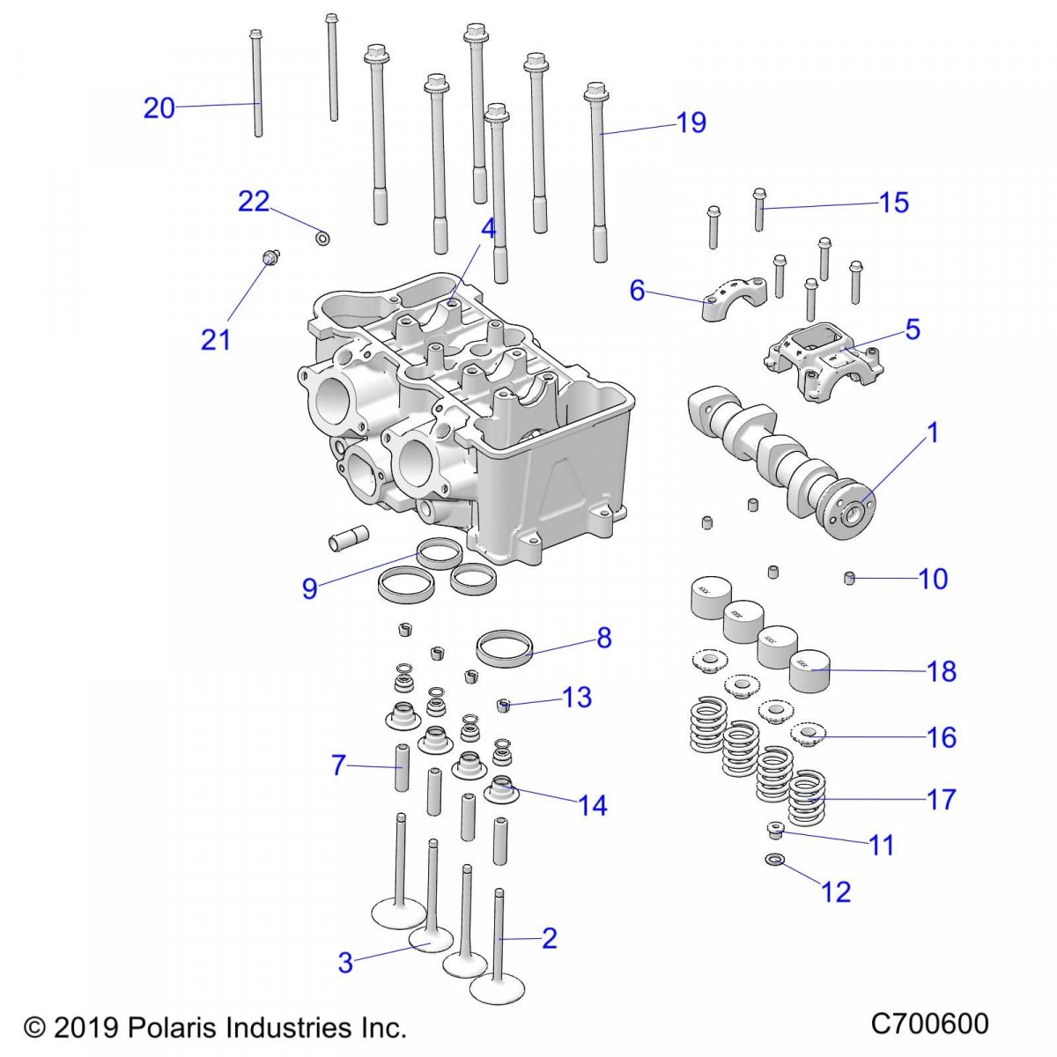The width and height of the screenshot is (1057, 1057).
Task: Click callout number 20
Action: click(159, 108)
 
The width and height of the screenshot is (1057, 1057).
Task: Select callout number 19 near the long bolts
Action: click(691, 122)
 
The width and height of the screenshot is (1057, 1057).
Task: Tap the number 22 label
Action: click(254, 202)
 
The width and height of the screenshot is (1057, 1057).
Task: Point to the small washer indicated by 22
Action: click(323, 237)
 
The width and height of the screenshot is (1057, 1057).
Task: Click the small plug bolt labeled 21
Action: click(270, 257)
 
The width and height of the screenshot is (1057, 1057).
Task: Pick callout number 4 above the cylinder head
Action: click(489, 229)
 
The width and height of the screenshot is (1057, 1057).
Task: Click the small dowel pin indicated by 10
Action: click(850, 579)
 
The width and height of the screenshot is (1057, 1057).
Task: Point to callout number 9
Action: click(309, 588)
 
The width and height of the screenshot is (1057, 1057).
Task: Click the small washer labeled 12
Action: click(775, 860)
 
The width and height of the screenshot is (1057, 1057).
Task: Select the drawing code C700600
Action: click(929, 1024)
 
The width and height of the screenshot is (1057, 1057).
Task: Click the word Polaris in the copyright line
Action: click(173, 1027)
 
